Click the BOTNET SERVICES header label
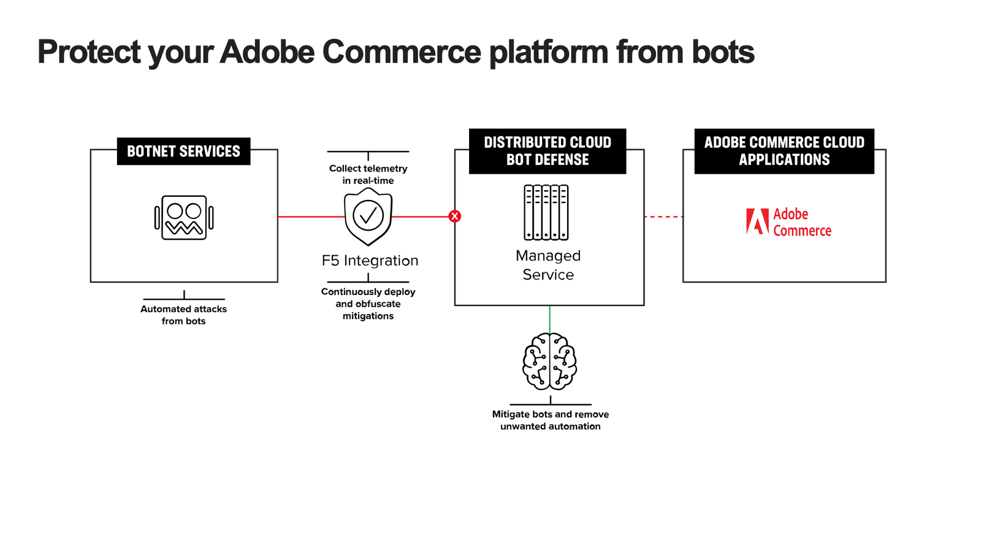click(183, 151)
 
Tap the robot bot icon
click(184, 218)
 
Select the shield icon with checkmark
click(368, 216)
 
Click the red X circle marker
click(454, 216)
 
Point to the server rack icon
click(546, 212)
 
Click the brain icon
click(549, 361)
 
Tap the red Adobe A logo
click(757, 221)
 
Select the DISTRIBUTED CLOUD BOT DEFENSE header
click(548, 151)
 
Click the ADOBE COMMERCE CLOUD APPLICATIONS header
click(784, 151)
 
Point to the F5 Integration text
click(370, 261)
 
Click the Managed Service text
click(548, 265)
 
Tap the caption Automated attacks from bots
click(183, 315)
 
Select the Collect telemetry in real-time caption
click(368, 174)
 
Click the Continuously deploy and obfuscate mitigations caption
click(368, 304)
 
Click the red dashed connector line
click(663, 217)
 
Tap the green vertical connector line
click(549, 319)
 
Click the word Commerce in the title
click(402, 52)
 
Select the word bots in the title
click(723, 52)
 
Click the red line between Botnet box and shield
click(311, 217)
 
